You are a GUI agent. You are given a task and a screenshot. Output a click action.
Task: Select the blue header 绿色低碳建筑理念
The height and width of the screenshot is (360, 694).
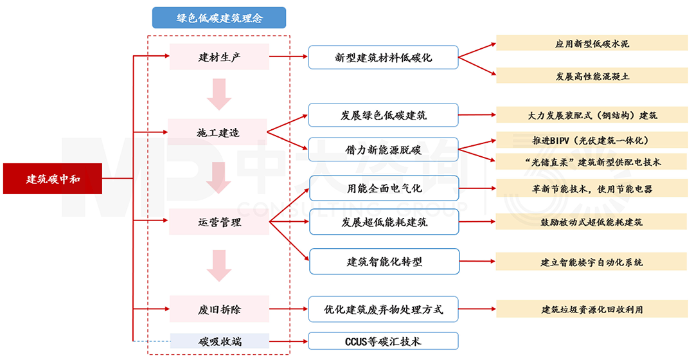(x=219, y=18)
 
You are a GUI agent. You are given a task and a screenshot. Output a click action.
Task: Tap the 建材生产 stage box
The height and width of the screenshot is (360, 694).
(x=219, y=57)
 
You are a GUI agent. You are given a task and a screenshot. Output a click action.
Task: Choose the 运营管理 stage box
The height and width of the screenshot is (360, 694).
(x=219, y=223)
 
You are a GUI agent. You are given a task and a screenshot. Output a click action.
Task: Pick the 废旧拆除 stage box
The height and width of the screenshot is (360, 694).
(x=219, y=309)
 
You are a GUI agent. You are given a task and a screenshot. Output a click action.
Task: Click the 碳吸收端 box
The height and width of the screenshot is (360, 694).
(x=219, y=341)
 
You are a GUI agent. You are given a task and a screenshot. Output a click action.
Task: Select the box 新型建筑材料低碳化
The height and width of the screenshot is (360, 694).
(x=383, y=57)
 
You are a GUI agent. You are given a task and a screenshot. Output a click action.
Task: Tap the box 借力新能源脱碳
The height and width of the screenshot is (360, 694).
(x=383, y=150)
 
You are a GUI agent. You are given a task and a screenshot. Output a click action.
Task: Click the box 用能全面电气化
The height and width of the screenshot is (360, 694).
(x=384, y=189)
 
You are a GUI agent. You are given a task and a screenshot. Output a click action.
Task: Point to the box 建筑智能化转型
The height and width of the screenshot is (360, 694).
(x=384, y=262)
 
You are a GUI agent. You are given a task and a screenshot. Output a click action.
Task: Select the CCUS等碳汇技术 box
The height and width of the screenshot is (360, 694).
(x=383, y=341)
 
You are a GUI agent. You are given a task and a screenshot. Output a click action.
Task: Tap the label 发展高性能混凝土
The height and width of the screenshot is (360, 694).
(x=592, y=75)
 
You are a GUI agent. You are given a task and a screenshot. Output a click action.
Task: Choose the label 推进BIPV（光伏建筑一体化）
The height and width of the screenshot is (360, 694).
(x=592, y=140)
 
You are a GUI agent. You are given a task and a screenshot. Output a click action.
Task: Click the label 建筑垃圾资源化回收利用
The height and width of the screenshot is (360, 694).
(x=592, y=309)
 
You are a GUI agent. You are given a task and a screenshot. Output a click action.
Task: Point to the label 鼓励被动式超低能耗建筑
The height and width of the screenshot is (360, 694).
(x=592, y=222)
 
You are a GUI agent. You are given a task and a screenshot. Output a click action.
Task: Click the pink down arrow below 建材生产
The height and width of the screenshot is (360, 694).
(x=219, y=94)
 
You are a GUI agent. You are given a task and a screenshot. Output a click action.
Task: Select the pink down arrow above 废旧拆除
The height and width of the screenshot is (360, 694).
(x=219, y=265)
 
